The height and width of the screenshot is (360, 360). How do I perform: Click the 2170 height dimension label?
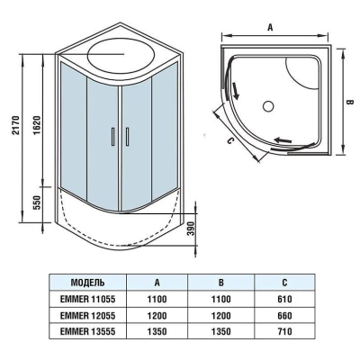16,125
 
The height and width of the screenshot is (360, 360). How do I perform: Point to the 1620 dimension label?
36,125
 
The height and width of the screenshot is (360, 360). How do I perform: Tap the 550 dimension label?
36,202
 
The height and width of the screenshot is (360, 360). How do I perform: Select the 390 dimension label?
192,229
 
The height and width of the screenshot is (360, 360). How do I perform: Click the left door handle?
112,137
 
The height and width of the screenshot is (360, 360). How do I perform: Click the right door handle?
127,137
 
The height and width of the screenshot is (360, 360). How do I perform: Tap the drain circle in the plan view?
268,106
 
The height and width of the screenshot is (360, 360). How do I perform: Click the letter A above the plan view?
270,28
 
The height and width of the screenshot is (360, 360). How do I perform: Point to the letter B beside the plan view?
349,103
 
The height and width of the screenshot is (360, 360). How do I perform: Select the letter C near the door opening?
229,140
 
